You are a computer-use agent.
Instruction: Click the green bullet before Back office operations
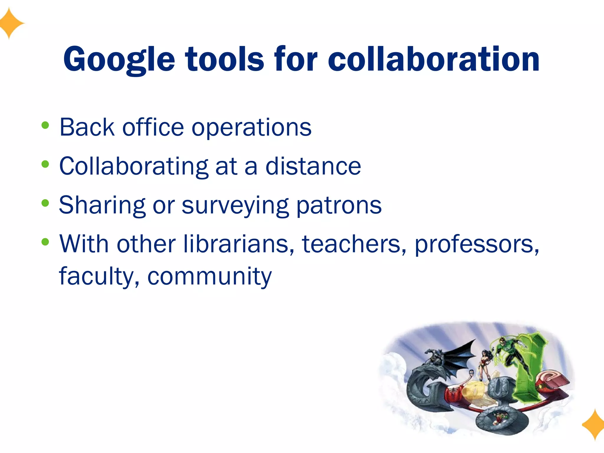(x=45, y=126)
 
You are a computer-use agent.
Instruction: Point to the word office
(x=153, y=127)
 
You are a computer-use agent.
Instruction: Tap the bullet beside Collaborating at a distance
(x=45, y=164)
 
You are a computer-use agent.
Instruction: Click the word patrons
(x=339, y=206)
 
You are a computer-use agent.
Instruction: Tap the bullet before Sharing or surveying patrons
(x=45, y=203)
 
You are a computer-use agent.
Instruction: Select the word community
(x=209, y=277)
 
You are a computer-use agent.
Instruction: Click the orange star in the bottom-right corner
(x=594, y=425)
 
